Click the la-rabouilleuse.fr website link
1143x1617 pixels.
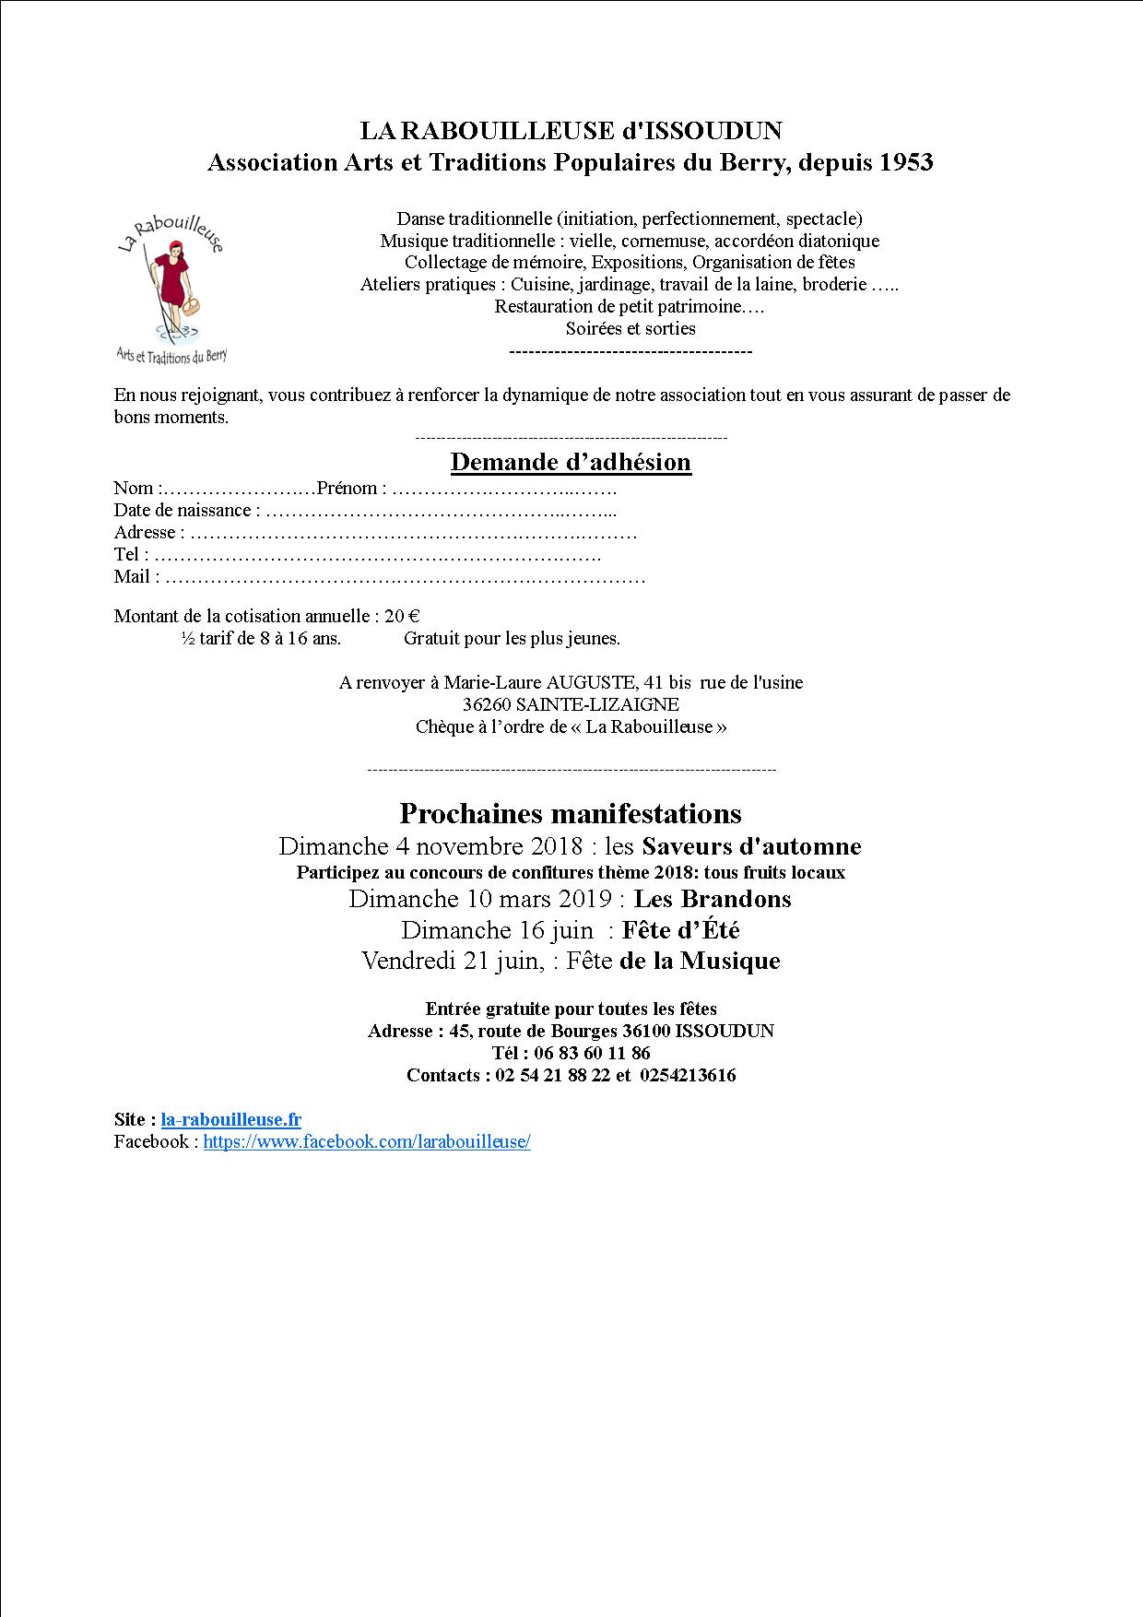[x=230, y=1119]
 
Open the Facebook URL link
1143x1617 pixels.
[x=367, y=1141]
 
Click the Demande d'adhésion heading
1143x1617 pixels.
[x=571, y=462]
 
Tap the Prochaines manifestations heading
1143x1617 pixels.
[x=571, y=813]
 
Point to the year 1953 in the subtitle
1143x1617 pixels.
[x=906, y=162]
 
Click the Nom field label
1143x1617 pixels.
[x=133, y=488]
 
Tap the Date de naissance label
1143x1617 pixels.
[x=183, y=510]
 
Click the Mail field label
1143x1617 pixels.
[x=131, y=576]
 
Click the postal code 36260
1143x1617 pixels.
[x=487, y=704]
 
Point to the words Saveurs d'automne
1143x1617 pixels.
[x=751, y=846]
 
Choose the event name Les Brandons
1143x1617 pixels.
[x=713, y=899]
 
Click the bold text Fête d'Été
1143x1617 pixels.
[x=681, y=930]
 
